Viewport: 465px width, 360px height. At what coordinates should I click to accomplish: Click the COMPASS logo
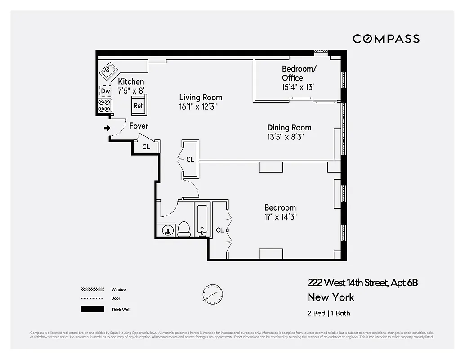point(386,39)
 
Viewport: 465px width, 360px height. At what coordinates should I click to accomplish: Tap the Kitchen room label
point(131,81)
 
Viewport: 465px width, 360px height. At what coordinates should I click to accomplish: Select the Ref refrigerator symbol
point(138,105)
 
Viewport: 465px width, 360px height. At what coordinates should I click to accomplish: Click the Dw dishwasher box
point(105,91)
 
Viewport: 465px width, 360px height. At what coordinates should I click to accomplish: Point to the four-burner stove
point(105,105)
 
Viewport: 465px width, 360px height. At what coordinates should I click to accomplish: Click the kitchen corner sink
point(108,70)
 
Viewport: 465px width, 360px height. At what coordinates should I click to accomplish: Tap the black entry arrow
point(107,128)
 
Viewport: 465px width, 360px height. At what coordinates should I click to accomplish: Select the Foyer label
point(139,126)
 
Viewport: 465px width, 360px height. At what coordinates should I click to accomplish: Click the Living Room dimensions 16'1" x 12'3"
point(201,107)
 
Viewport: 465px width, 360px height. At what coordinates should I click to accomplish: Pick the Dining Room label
point(289,128)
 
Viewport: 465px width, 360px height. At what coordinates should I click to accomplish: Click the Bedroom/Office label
point(297,73)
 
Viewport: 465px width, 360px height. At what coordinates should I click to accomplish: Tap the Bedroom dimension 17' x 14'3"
point(280,217)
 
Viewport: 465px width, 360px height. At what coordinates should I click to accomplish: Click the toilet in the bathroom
point(184,229)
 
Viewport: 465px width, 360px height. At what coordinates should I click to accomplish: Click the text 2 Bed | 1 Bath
point(328,313)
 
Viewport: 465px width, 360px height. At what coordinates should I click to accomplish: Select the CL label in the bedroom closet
point(219,230)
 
